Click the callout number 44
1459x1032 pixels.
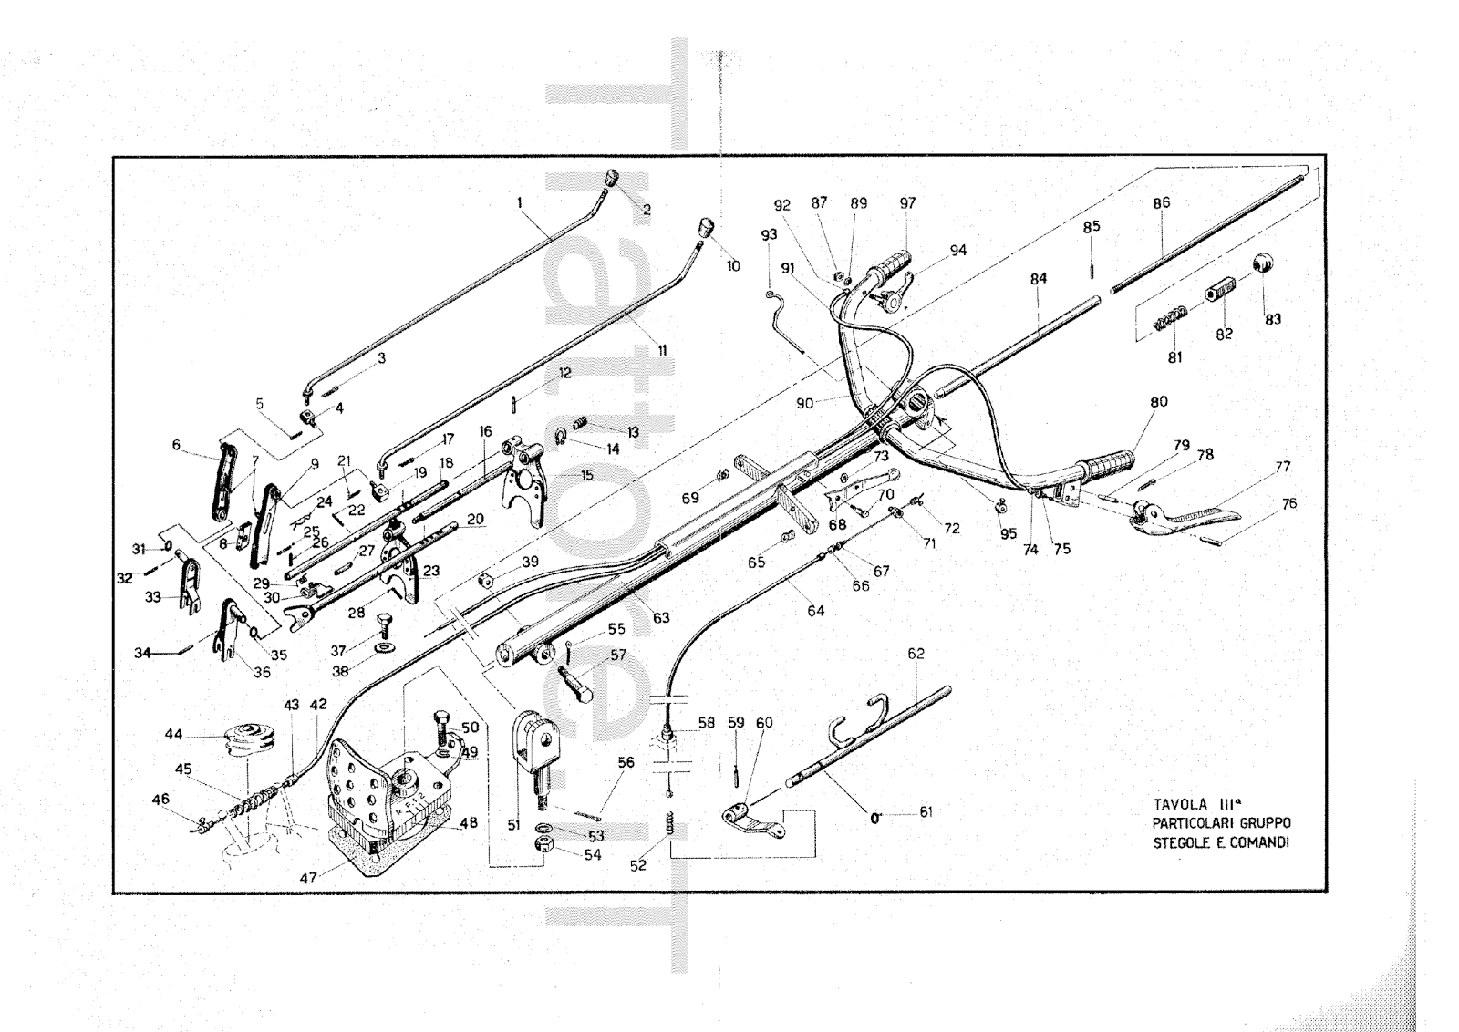coord(173,733)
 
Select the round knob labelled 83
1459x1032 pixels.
coord(1262,264)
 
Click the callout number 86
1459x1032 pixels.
coord(1161,203)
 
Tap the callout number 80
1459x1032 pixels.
coord(1159,402)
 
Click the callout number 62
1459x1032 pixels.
coord(916,653)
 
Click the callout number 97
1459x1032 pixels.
coord(907,203)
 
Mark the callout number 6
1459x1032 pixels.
coord(175,445)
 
